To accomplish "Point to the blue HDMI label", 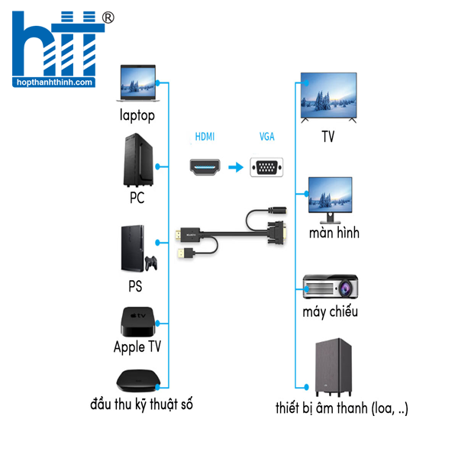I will [205, 137].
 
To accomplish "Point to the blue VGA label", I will [267, 137].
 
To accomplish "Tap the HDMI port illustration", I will [205, 167].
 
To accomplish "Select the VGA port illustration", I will [266, 167].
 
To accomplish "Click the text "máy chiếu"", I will [330, 312].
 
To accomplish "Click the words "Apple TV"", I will [137, 347].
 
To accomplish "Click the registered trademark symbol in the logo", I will [108, 17].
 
